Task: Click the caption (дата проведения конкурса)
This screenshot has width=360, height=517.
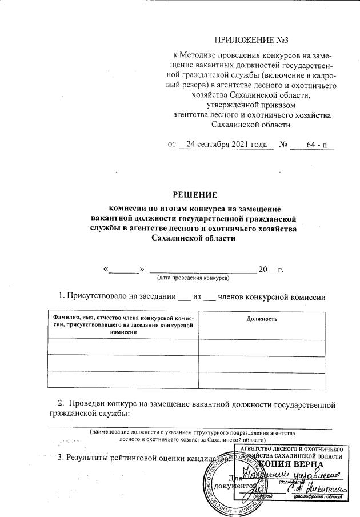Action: click(x=193, y=278)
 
